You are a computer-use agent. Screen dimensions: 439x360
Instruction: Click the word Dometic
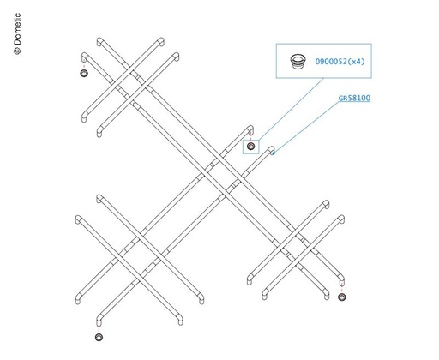click(17, 29)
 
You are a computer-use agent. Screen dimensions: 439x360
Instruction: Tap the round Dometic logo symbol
click(17, 51)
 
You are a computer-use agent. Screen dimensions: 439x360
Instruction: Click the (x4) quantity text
click(357, 62)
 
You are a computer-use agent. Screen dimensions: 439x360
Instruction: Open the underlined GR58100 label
click(354, 98)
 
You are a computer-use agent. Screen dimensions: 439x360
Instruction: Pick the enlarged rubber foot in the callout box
click(298, 61)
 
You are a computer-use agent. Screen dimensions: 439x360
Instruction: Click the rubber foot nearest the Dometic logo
click(84, 73)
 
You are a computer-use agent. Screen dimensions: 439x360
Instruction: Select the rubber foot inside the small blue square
click(250, 147)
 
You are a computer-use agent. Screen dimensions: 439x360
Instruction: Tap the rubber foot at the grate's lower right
click(342, 297)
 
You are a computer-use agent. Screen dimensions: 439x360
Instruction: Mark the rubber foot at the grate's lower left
click(99, 337)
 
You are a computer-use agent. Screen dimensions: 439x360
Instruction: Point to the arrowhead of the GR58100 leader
click(273, 153)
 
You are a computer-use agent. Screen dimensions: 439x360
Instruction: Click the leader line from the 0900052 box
click(291, 109)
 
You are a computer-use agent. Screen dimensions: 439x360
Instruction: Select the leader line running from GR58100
click(306, 128)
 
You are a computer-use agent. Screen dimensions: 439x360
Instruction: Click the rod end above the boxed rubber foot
click(250, 129)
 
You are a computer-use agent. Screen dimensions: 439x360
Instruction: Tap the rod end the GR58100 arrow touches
click(271, 150)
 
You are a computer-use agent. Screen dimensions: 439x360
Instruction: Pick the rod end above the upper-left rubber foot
click(84, 57)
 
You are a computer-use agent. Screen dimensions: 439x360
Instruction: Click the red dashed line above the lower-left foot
click(99, 330)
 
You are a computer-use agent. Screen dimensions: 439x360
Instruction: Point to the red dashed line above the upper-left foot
click(84, 66)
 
